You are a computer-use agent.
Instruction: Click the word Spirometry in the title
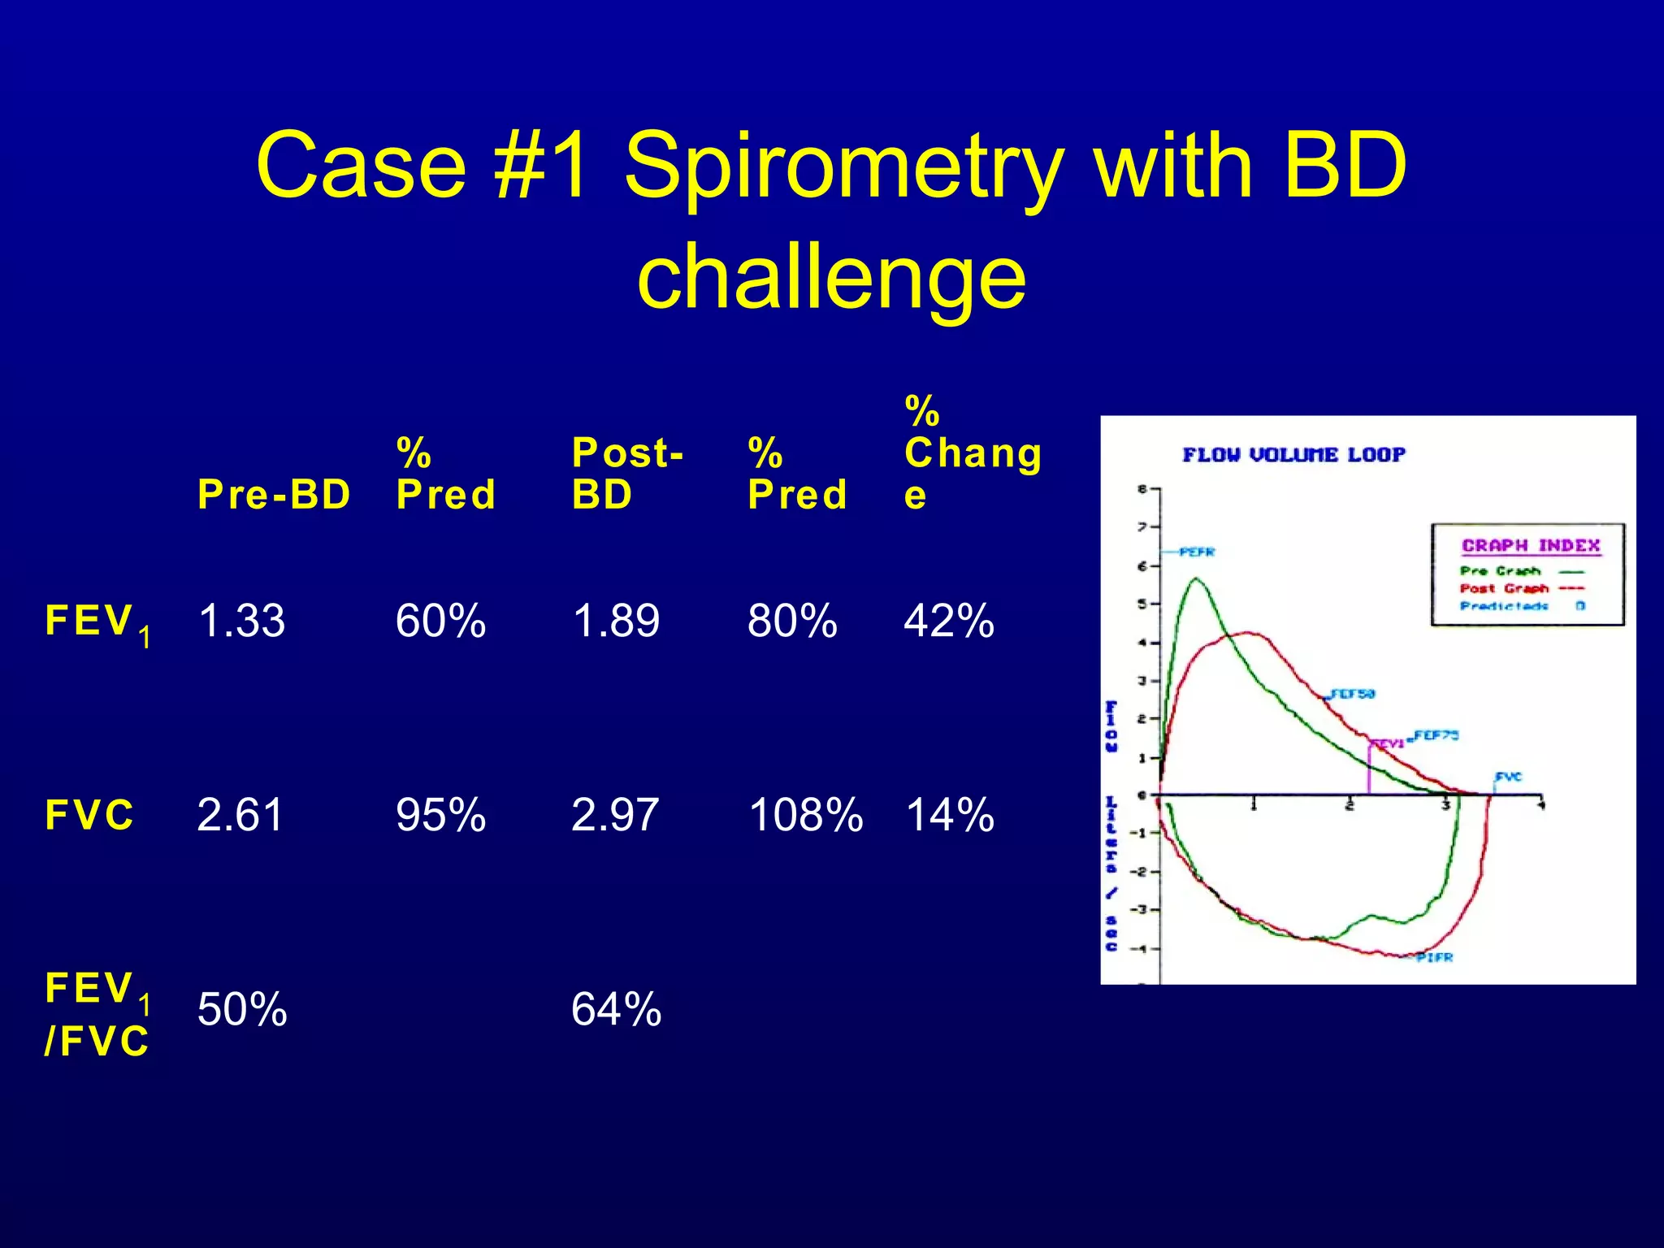pos(843,168)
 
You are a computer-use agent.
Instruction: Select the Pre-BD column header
pos(274,494)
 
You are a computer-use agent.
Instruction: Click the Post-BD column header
pos(627,474)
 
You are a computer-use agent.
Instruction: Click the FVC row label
pos(89,815)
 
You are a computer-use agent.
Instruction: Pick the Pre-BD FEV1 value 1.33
pos(241,621)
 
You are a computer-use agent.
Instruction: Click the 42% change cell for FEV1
pos(948,621)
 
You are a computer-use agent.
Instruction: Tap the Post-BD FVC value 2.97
pos(614,815)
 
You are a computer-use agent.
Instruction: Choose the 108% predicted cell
pos(804,815)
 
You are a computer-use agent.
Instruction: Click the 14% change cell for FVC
pos(949,815)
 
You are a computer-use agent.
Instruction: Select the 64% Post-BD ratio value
pos(616,1009)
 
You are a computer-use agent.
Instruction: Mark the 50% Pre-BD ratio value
pos(242,1009)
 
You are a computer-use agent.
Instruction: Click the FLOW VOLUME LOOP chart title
pos(1293,455)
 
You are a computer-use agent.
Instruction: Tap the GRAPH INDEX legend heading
pos(1531,546)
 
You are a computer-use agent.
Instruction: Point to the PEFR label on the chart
pos(1197,552)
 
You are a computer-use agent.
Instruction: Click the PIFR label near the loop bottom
pos(1434,958)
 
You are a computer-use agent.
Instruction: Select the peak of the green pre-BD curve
pos(1196,579)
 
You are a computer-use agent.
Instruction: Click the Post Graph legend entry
pos(1505,588)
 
